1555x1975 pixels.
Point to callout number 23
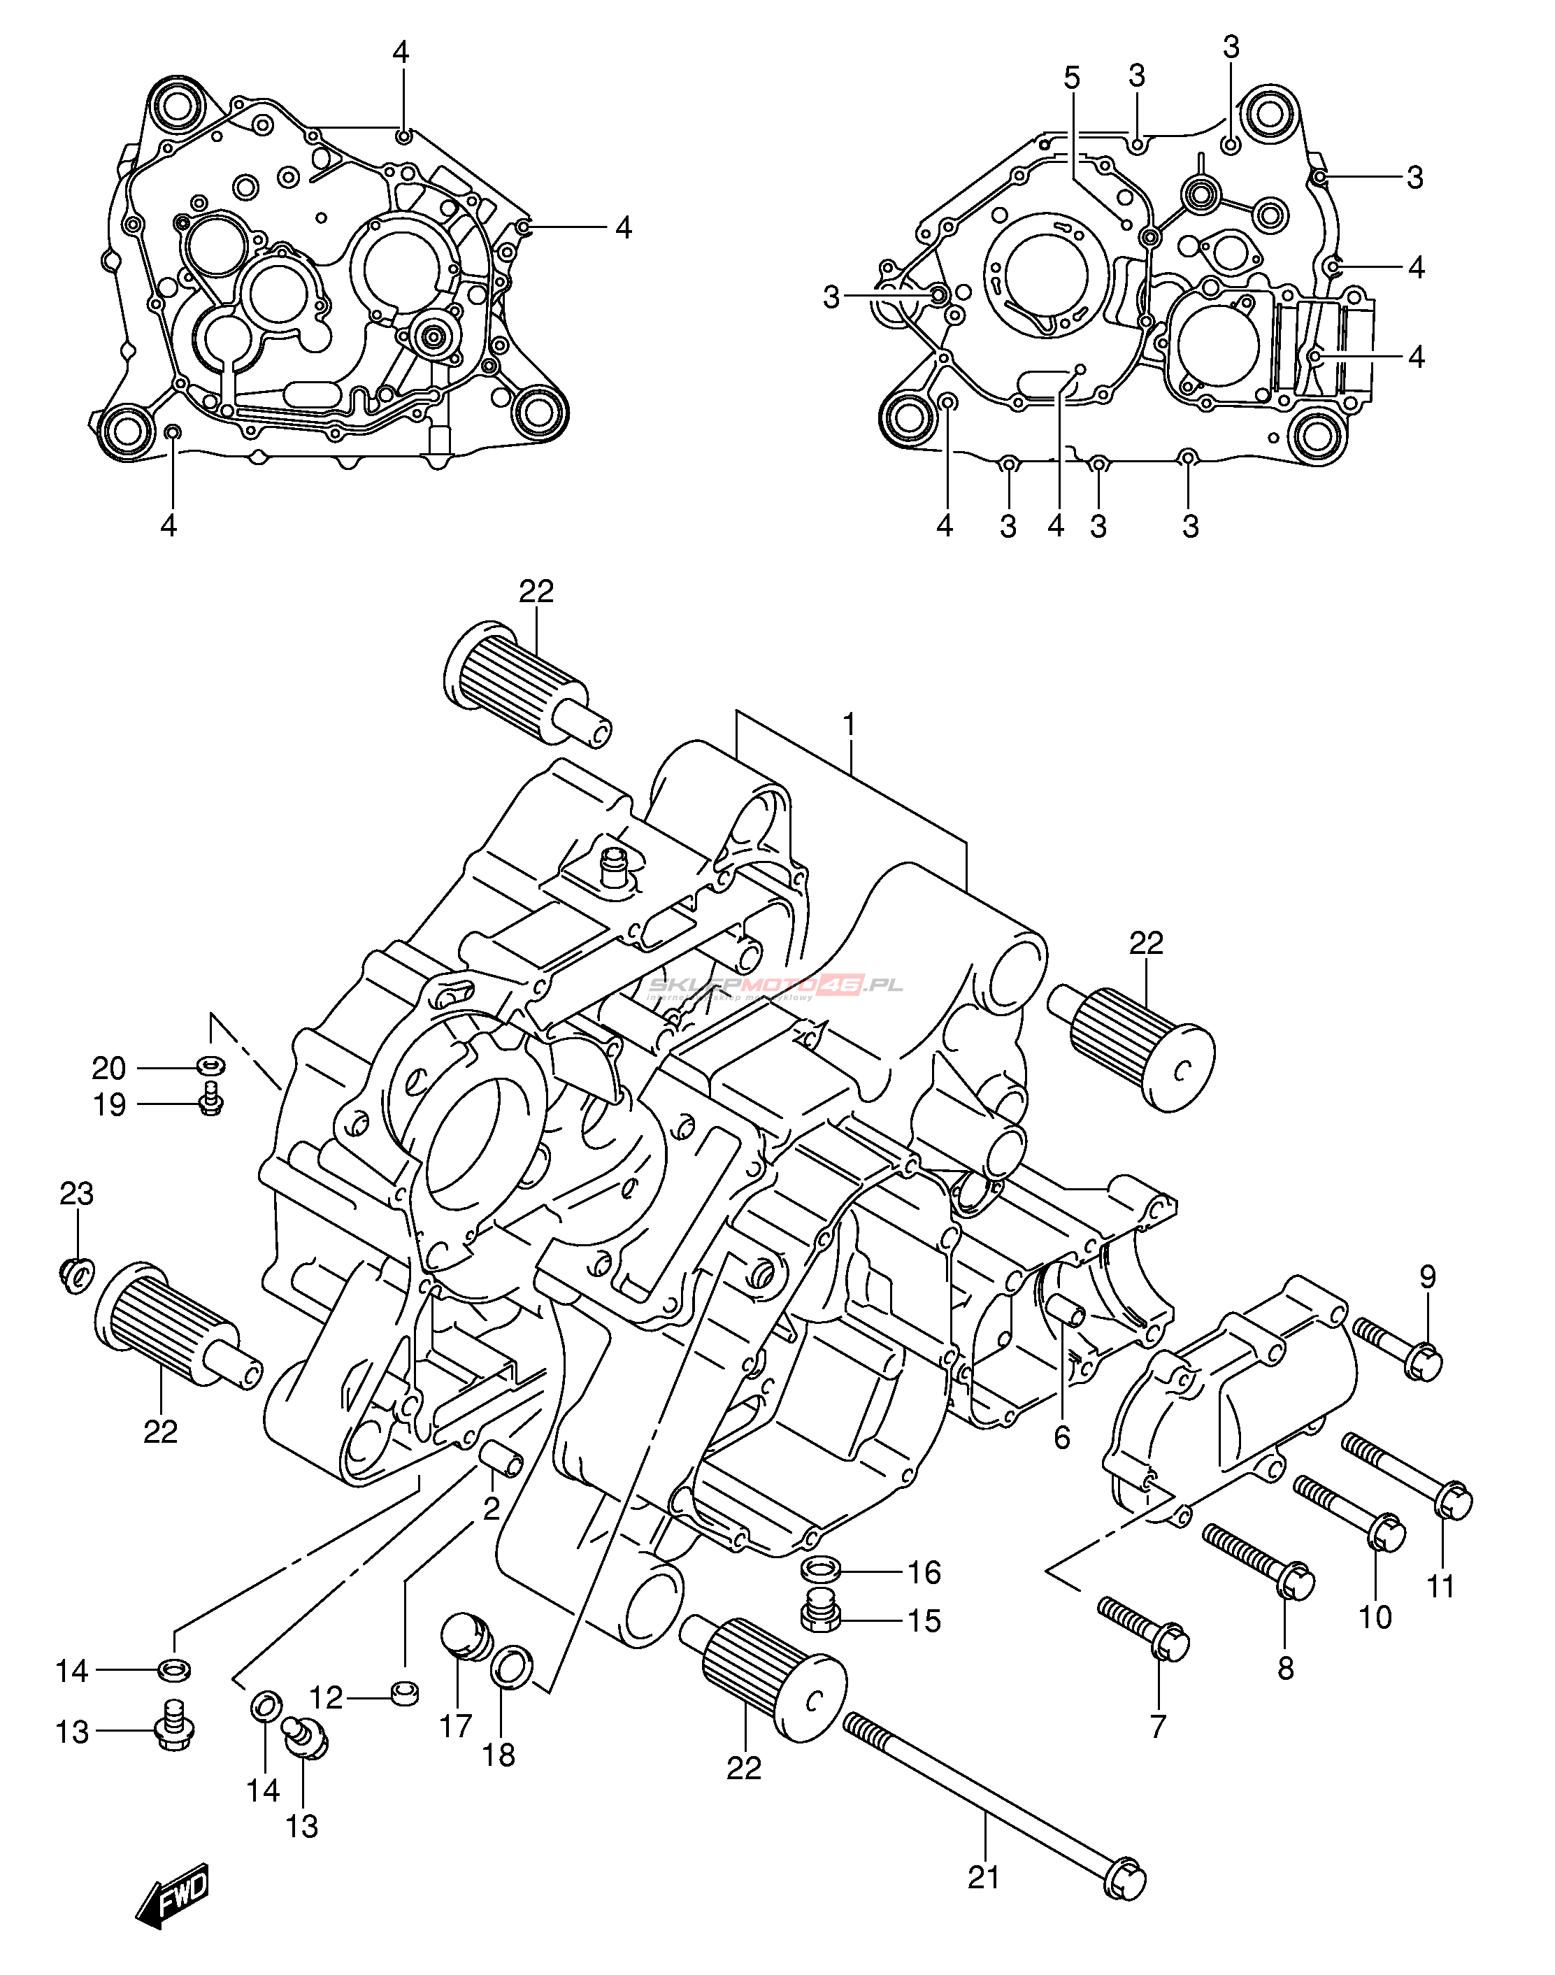[76, 1193]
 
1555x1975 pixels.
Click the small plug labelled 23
[76, 1272]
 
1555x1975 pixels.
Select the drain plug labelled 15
[819, 1616]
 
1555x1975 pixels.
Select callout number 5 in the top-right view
[1072, 78]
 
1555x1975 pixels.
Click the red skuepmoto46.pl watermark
[775, 986]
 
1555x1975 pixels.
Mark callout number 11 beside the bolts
[1440, 1586]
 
